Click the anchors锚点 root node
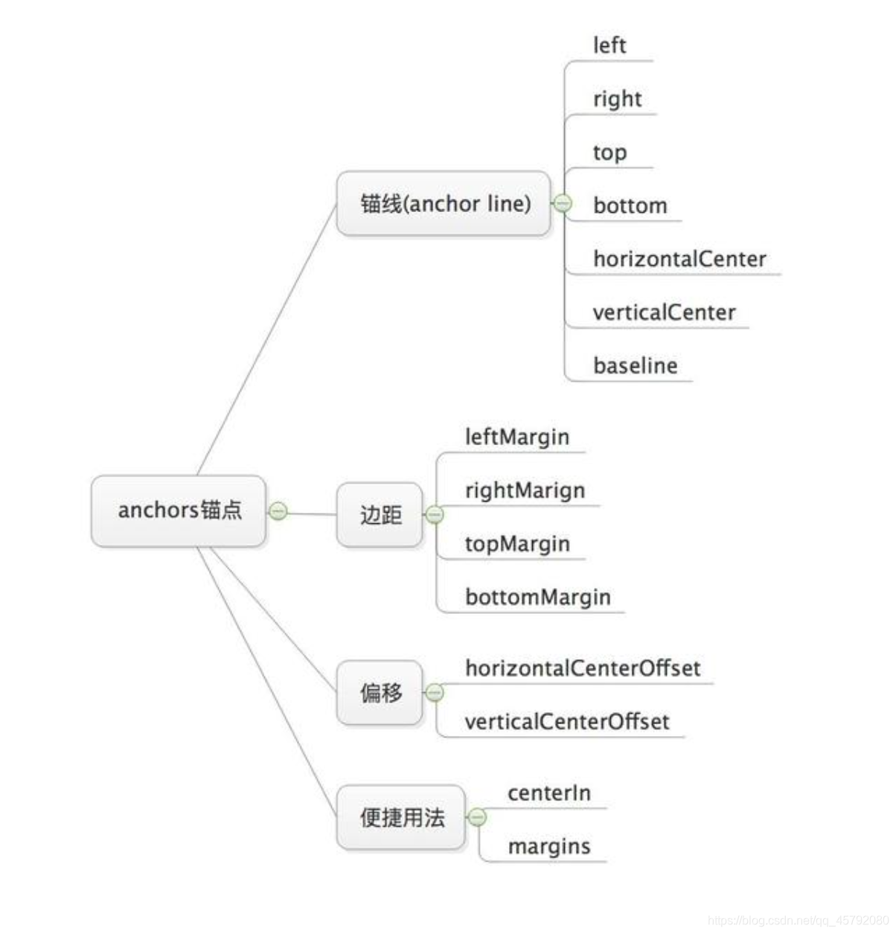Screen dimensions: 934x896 [179, 511]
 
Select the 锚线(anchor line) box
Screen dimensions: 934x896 [444, 204]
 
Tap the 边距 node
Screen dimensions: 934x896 [380, 515]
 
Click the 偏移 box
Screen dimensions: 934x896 [380, 693]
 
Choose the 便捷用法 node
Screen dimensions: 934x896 [402, 817]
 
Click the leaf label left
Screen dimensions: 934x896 [609, 46]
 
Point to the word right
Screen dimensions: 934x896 [617, 99]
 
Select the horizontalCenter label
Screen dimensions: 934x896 [679, 259]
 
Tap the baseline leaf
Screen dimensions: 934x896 [635, 366]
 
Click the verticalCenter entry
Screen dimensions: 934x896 [664, 313]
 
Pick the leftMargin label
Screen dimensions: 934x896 [516, 437]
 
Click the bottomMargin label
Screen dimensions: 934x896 [537, 597]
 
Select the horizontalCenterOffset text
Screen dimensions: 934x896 [582, 668]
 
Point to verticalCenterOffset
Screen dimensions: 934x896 [566, 722]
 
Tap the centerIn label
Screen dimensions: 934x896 [549, 793]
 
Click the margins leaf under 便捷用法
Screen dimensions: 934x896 [549, 846]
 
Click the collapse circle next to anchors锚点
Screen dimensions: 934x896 [278, 511]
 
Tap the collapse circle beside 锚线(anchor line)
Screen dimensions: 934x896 [563, 202]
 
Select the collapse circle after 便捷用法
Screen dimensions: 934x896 [478, 817]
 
